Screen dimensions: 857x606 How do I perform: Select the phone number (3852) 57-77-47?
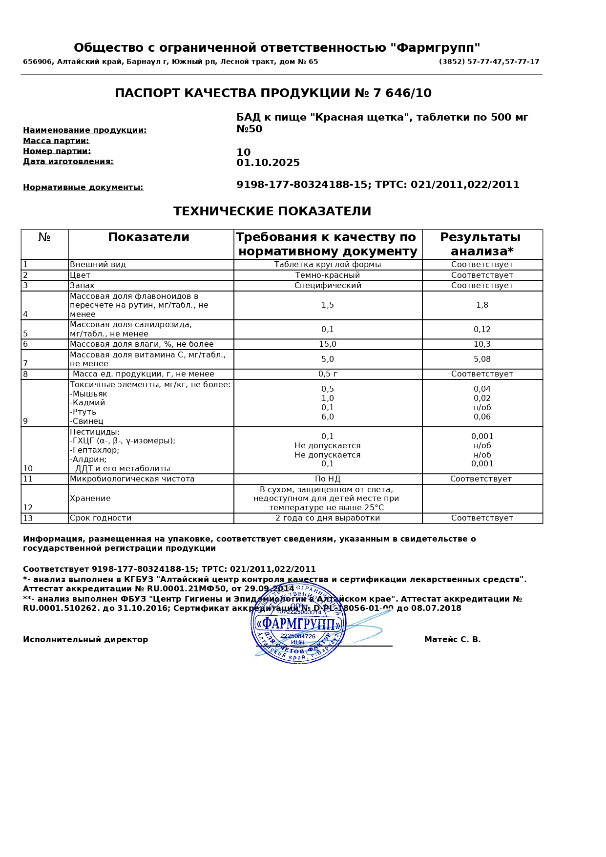pyautogui.click(x=469, y=62)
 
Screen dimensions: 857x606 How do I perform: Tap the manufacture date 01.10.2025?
pyautogui.click(x=268, y=163)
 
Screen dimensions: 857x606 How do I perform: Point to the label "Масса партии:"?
pyautogui.click(x=56, y=141)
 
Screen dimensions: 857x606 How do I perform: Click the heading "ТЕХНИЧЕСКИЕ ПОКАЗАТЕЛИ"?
pyautogui.click(x=272, y=211)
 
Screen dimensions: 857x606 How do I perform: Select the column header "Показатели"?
pyautogui.click(x=148, y=237)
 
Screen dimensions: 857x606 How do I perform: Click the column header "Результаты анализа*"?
pyautogui.click(x=481, y=244)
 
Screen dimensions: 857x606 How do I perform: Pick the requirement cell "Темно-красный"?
pyautogui.click(x=328, y=275)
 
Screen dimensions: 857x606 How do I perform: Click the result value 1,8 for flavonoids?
pyautogui.click(x=482, y=305)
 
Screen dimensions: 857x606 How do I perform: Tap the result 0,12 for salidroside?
pyautogui.click(x=482, y=330)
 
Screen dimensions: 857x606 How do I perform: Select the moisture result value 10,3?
pyautogui.click(x=482, y=344)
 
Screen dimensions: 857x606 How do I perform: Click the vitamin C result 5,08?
pyautogui.click(x=482, y=359)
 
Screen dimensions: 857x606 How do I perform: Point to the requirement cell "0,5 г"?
pyautogui.click(x=328, y=374)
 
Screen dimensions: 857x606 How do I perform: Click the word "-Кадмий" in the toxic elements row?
pyautogui.click(x=87, y=403)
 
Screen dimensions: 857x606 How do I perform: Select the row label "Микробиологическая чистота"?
pyautogui.click(x=132, y=479)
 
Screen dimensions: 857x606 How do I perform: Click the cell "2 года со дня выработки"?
pyautogui.click(x=328, y=518)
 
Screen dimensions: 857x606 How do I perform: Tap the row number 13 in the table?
pyautogui.click(x=28, y=519)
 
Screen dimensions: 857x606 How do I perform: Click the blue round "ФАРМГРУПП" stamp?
pyautogui.click(x=298, y=623)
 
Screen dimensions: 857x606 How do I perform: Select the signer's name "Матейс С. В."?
pyautogui.click(x=452, y=640)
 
